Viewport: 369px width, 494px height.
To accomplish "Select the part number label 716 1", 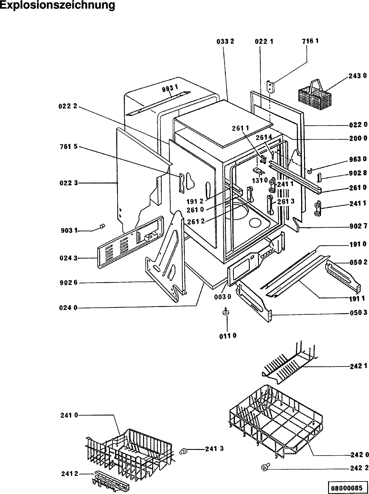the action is pos(310,41).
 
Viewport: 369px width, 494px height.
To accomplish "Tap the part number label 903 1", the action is pos(69,231).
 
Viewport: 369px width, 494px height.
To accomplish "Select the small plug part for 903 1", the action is pos(102,226).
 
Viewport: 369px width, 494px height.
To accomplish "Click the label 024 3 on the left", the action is pos(68,258).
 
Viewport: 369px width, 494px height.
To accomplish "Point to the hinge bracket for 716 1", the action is pos(271,86).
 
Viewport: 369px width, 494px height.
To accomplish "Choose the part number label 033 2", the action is pos(225,42).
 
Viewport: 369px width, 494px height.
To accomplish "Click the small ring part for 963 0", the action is pos(310,172).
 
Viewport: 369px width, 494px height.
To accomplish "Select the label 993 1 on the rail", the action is pos(170,88).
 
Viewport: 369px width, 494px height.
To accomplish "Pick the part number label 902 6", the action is pos(68,283).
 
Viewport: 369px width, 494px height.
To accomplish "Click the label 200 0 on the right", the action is pos(358,138).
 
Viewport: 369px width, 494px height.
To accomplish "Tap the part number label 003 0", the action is pos(223,297).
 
